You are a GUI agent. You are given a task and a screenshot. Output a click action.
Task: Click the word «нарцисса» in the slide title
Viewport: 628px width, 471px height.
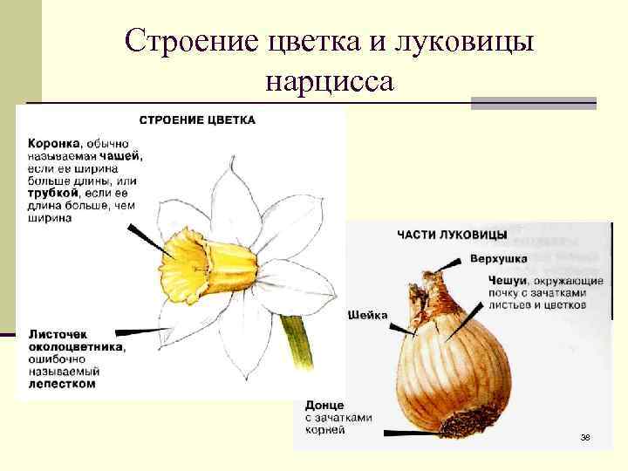[x=330, y=81]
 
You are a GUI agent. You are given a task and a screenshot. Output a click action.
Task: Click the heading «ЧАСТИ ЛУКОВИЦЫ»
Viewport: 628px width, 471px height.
[x=452, y=235]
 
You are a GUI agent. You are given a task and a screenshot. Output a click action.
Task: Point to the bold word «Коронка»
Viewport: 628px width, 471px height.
[x=54, y=142]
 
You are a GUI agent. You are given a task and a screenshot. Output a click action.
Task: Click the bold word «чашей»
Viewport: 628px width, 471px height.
[x=125, y=155]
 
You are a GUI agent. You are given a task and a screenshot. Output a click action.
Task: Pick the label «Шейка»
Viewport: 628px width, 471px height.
[x=368, y=315]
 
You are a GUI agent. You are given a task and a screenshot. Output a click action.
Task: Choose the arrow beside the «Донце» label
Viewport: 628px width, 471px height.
[x=410, y=431]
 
